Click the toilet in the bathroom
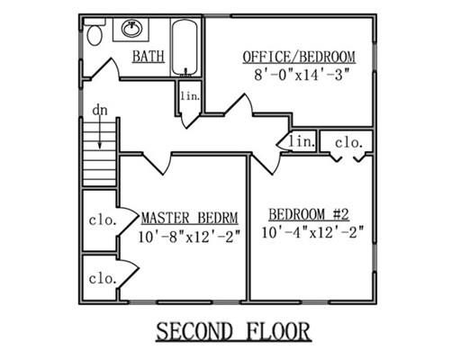click(x=95, y=31)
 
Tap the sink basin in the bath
click(x=131, y=29)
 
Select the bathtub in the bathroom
click(x=185, y=47)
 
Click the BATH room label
click(x=149, y=57)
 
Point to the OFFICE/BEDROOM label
click(x=299, y=57)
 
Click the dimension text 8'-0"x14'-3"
click(x=303, y=75)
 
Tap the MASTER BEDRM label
click(x=190, y=218)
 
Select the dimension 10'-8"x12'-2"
click(x=189, y=237)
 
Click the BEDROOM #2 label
click(x=309, y=214)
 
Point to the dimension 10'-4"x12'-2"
click(x=312, y=232)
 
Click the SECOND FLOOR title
click(x=233, y=331)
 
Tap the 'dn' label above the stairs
click(x=100, y=110)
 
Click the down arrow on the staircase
click(x=100, y=132)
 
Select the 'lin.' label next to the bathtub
click(x=190, y=96)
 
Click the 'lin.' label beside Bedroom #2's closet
click(x=302, y=141)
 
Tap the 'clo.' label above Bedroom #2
click(x=348, y=143)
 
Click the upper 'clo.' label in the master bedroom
click(x=103, y=220)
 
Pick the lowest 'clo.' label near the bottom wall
click(x=103, y=279)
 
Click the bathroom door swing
click(x=104, y=68)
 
